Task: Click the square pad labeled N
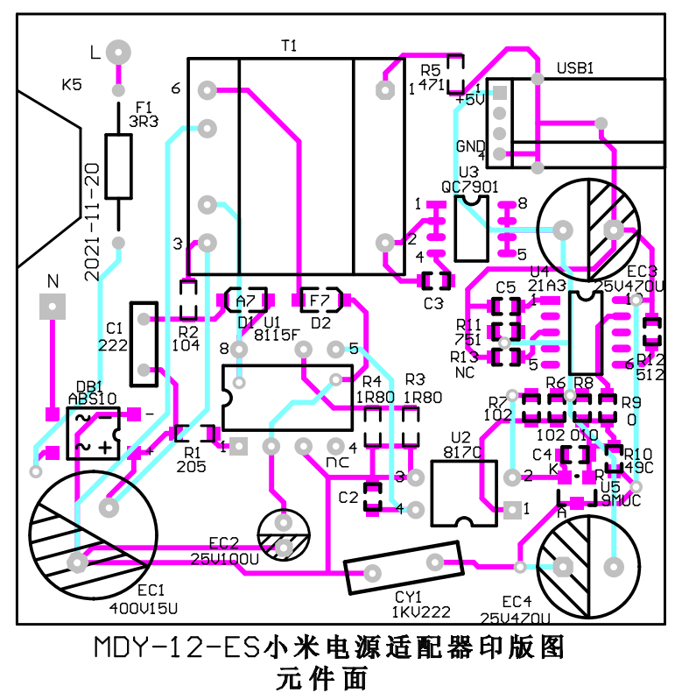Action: coord(53,308)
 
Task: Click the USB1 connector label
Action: coord(574,67)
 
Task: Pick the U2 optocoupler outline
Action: coord(465,494)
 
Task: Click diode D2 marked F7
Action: coord(321,301)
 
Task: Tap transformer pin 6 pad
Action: coord(207,88)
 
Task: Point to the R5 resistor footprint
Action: coord(454,75)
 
